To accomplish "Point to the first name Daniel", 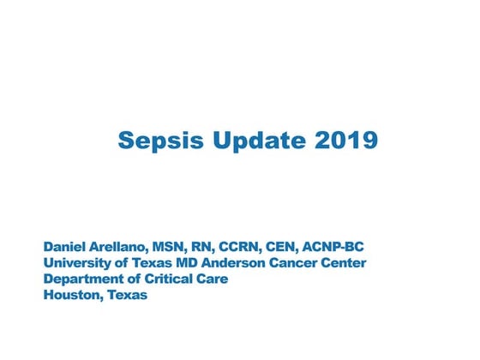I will click(67, 248).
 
